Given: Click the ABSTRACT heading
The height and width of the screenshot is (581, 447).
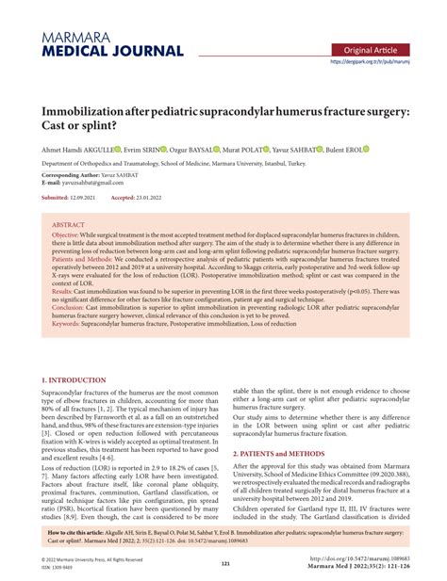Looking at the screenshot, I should tap(68, 226).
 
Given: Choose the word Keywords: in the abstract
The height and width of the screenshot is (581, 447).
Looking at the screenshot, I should tap(68, 323).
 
